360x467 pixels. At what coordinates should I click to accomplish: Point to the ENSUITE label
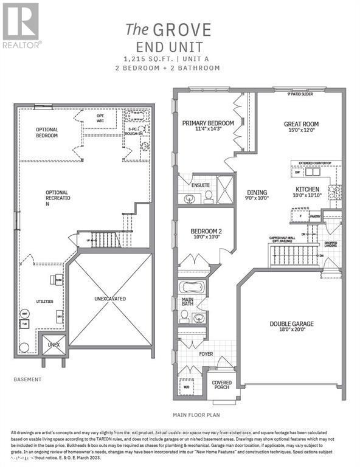tap(201, 185)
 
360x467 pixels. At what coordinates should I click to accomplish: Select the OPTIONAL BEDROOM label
tap(47, 133)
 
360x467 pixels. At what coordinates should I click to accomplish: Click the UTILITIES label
tap(44, 301)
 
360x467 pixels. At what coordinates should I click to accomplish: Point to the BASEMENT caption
tap(27, 379)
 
